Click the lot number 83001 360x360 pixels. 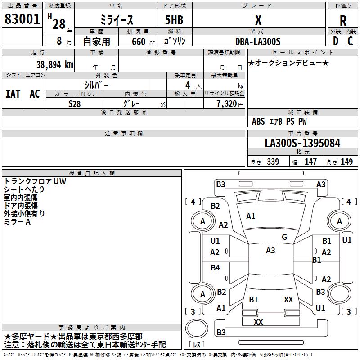22,19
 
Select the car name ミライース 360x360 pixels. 116,20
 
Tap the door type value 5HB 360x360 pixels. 174,20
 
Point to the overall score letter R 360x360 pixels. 343,21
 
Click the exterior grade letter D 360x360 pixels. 335,40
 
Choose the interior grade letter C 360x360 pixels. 350,40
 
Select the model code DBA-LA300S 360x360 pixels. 257,41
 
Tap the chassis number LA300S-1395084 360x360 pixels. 302,144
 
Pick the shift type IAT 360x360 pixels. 13,94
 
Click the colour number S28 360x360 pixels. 75,103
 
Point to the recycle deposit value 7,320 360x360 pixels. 226,103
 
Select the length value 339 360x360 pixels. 273,162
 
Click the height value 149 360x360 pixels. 346,162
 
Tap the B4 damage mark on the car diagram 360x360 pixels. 215,268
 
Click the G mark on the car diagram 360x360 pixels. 284,237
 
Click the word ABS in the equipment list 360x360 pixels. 258,121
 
